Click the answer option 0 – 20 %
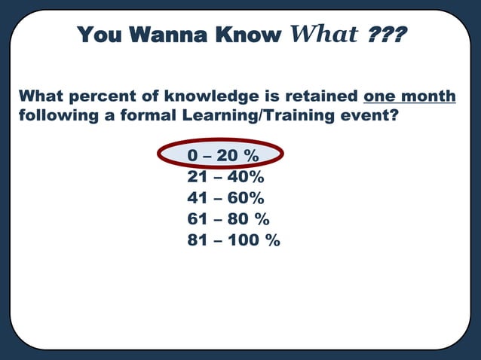click(x=222, y=156)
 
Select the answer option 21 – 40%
click(x=225, y=177)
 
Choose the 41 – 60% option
click(x=225, y=198)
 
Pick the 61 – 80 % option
click(x=228, y=219)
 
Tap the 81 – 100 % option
click(x=233, y=240)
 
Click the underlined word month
click(x=428, y=97)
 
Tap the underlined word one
click(x=380, y=97)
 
